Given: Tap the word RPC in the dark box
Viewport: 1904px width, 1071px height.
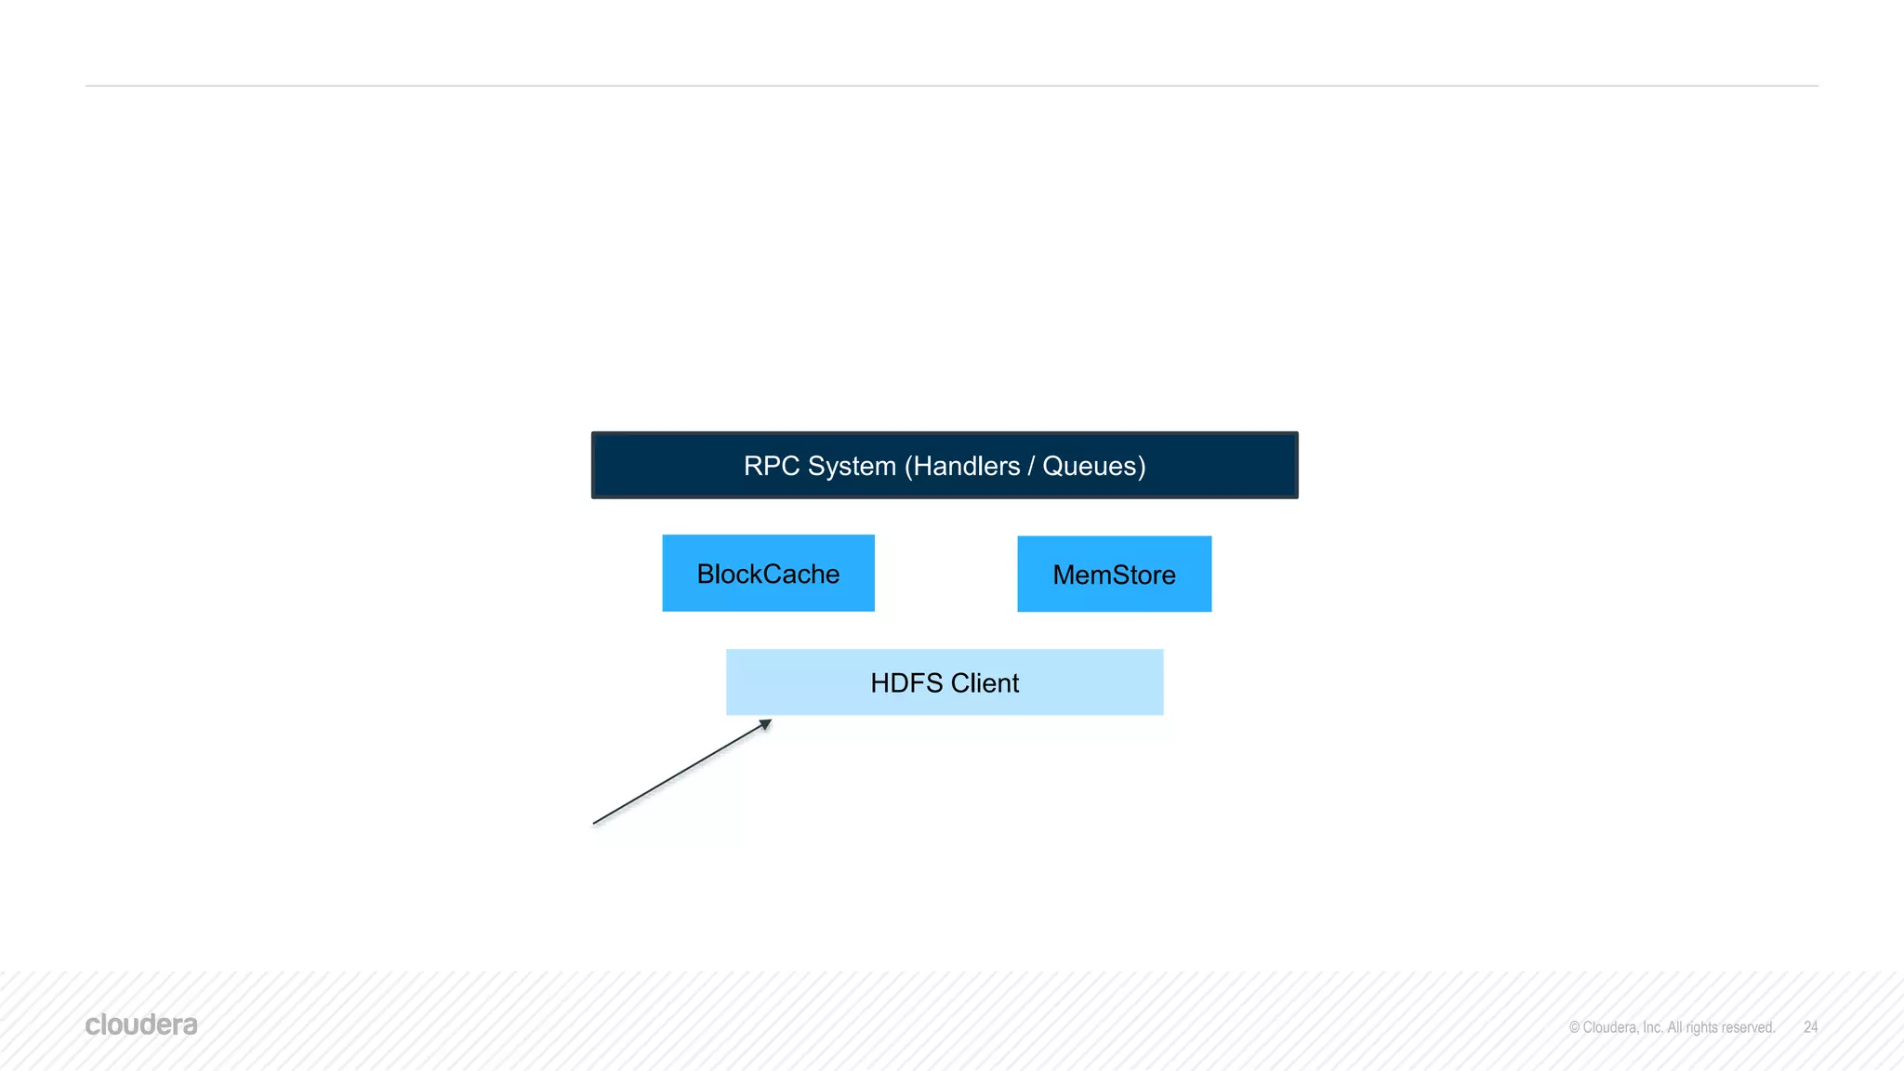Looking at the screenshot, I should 772,466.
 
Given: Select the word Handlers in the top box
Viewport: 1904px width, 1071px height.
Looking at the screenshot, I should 966,466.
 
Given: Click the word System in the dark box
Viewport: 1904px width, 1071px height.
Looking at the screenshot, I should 852,466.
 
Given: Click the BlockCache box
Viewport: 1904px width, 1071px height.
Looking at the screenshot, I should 768,573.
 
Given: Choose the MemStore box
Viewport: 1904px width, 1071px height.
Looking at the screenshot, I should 1114,574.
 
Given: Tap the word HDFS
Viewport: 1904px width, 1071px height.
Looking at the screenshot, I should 906,683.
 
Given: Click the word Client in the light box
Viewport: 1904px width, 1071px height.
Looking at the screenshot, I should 985,683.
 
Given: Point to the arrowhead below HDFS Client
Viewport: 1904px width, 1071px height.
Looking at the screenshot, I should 765,724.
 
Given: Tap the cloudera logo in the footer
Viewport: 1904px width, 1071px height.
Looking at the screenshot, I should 141,1025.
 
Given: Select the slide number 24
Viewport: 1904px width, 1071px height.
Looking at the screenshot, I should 1810,1027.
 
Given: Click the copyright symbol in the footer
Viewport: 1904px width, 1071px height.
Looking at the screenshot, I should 1574,1027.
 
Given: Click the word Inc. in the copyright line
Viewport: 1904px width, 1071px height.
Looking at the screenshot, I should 1652,1027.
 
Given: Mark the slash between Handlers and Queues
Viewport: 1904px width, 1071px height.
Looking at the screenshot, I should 1031,466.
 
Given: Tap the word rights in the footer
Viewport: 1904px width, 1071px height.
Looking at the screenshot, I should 1701,1027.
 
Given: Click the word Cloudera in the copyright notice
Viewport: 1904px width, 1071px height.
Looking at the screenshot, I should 1610,1027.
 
